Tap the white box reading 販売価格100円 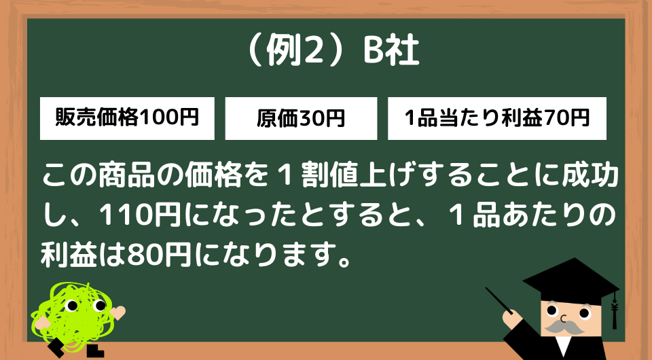(127, 118)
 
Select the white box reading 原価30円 (301, 118)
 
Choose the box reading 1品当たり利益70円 (497, 118)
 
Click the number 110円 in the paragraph (140, 215)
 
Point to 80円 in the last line (158, 255)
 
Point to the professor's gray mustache (564, 327)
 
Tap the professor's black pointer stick (499, 300)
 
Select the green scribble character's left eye (73, 306)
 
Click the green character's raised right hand (117, 312)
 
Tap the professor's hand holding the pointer (511, 318)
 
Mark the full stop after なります (344, 262)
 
